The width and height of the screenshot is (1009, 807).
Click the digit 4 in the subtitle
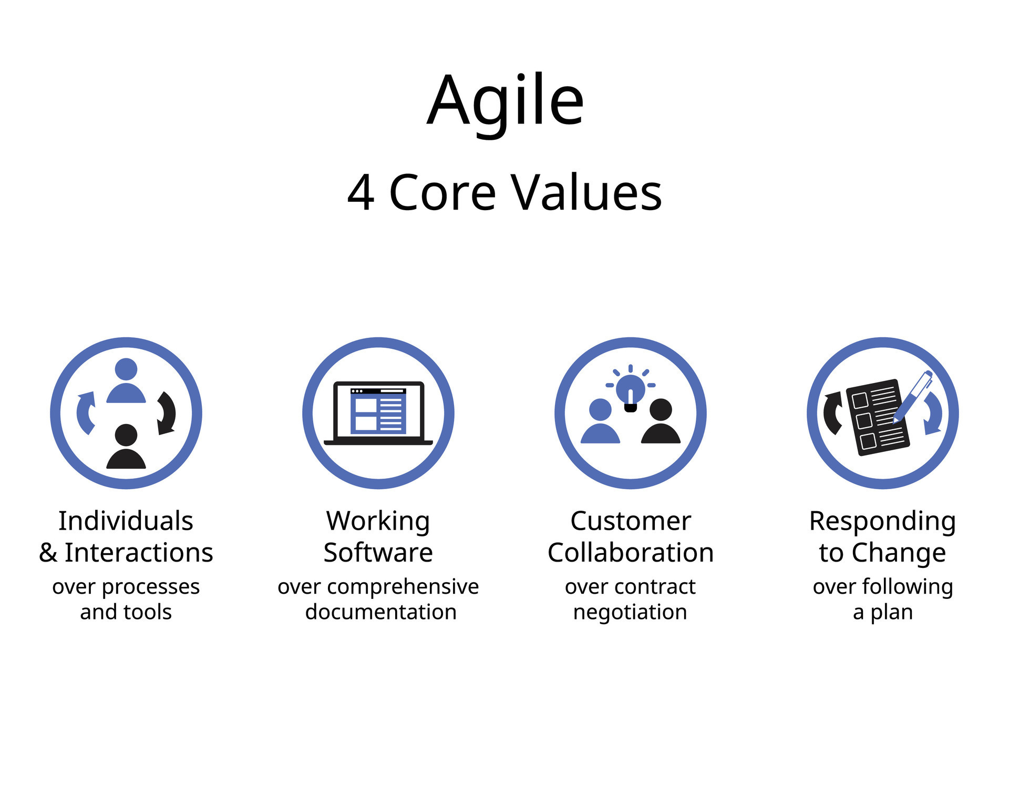tap(361, 193)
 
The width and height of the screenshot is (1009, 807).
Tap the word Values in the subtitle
tap(587, 192)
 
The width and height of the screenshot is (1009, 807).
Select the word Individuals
tap(126, 521)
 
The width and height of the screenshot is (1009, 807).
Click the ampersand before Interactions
tap(48, 553)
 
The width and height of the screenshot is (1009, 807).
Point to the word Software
tap(378, 552)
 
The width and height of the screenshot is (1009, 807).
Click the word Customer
tap(631, 521)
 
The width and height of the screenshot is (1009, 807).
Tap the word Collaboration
tap(631, 552)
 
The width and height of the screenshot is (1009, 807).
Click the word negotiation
tap(630, 613)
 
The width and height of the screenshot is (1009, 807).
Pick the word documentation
tap(381, 612)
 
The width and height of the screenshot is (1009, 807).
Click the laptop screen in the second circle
tap(378, 410)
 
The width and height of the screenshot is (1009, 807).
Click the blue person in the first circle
tap(126, 380)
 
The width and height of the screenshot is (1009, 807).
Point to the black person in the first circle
tap(126, 447)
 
